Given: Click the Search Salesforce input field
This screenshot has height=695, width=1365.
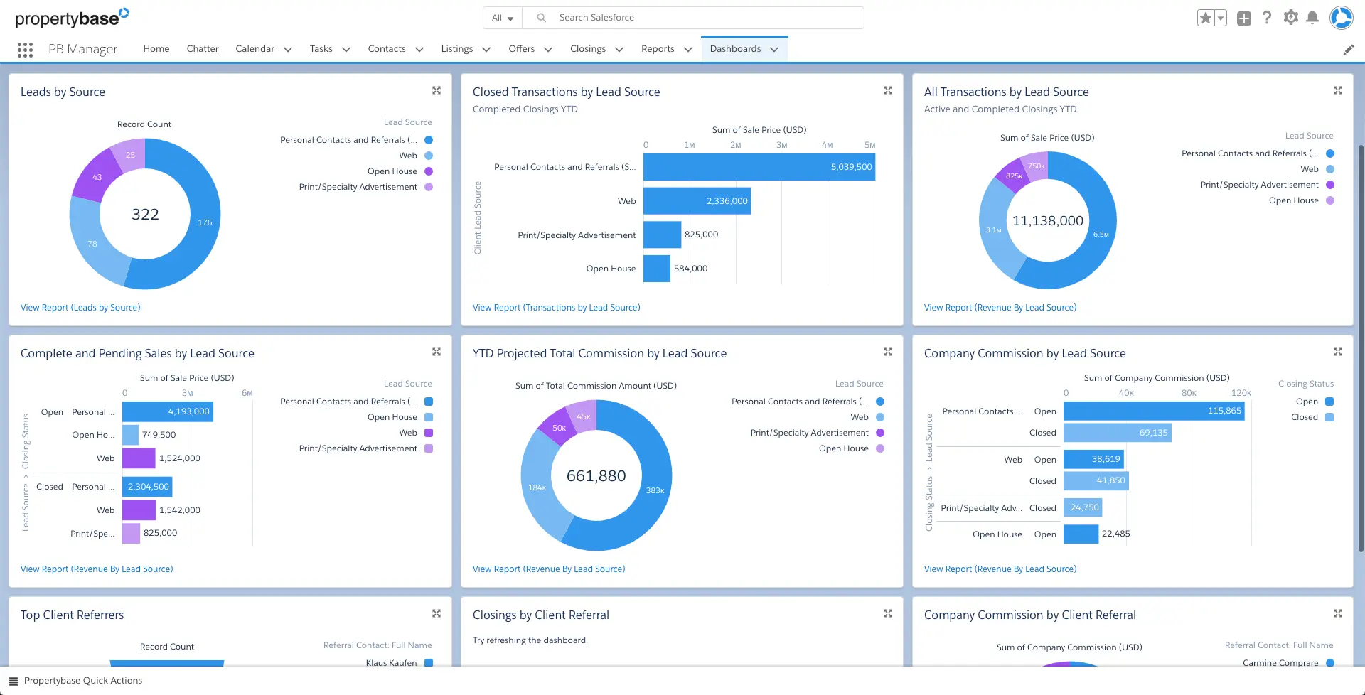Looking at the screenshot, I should [x=704, y=18].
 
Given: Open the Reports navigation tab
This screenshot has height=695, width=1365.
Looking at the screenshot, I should [x=658, y=49].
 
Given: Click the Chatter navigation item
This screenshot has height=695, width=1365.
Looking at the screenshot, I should [x=203, y=49].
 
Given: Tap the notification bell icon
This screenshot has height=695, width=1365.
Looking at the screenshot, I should [x=1312, y=18].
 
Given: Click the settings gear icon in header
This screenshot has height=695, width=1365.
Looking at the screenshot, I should [x=1290, y=18].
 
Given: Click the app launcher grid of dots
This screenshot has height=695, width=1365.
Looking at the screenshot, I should [x=26, y=49].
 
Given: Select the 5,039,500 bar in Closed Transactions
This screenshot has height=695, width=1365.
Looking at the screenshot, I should [x=759, y=167].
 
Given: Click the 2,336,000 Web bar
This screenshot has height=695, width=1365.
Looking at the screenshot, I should [x=697, y=201].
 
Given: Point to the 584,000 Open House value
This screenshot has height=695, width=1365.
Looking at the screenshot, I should [x=690, y=269].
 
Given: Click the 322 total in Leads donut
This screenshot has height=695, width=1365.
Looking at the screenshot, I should [x=145, y=215].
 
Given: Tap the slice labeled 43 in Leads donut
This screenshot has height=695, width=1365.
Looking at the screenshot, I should [x=97, y=177].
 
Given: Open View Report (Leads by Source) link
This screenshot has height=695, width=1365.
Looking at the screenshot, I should [x=80, y=308].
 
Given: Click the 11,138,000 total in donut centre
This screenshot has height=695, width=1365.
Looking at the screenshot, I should [x=1047, y=221].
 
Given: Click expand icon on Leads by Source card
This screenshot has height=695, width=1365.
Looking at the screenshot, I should [x=437, y=90].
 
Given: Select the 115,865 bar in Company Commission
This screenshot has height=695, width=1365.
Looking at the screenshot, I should [x=1153, y=411].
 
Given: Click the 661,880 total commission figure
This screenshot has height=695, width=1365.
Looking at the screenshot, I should [x=596, y=476].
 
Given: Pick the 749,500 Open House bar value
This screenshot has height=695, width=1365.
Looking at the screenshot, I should [x=159, y=435].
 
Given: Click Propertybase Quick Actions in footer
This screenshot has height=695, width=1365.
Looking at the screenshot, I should [x=82, y=681].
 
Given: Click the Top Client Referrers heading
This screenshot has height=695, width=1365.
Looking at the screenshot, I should [x=72, y=615].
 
